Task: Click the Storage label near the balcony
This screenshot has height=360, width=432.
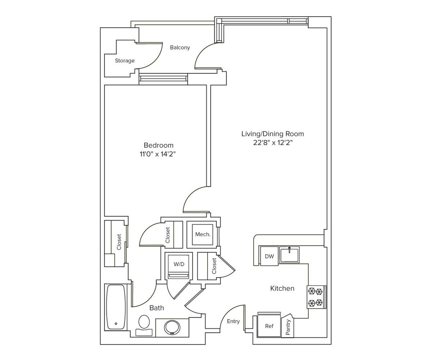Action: pyautogui.click(x=125, y=61)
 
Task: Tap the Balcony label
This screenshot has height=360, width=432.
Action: pyautogui.click(x=180, y=47)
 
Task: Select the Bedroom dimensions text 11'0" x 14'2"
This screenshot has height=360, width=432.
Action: pyautogui.click(x=158, y=154)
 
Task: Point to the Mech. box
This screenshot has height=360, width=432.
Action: pyautogui.click(x=202, y=234)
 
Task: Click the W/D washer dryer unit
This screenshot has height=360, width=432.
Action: pyautogui.click(x=179, y=265)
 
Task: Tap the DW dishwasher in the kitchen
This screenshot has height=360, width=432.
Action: pyautogui.click(x=269, y=256)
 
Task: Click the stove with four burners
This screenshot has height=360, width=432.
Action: pyautogui.click(x=316, y=297)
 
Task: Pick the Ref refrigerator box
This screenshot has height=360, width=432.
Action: pyautogui.click(x=269, y=326)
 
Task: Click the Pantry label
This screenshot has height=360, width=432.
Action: pyautogui.click(x=288, y=327)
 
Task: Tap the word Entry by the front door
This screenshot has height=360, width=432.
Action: pyautogui.click(x=233, y=321)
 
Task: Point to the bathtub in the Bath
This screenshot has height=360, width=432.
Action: pyautogui.click(x=116, y=307)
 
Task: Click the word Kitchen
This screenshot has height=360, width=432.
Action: pyautogui.click(x=282, y=288)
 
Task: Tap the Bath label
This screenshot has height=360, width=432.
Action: pyautogui.click(x=157, y=308)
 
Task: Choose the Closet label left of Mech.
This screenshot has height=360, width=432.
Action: pyautogui.click(x=168, y=235)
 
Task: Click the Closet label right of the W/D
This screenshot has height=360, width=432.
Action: pyautogui.click(x=214, y=266)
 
